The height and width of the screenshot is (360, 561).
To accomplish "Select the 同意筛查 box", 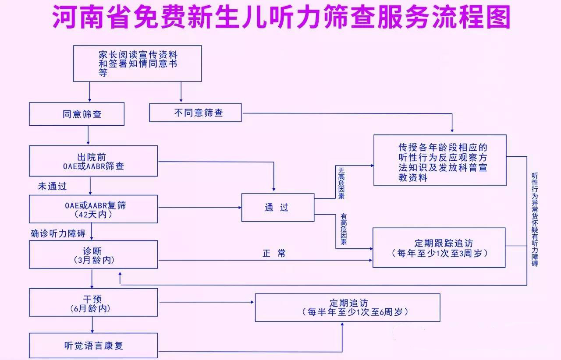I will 77,114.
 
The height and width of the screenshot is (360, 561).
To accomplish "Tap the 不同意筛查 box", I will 195,113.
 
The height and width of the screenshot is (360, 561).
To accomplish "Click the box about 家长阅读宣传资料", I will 137,64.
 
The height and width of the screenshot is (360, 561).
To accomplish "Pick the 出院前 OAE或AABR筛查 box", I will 93,161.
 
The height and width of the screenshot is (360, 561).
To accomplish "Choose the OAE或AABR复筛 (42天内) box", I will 93,209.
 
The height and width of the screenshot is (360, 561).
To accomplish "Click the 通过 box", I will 278,208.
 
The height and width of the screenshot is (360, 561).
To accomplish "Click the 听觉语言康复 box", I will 93,346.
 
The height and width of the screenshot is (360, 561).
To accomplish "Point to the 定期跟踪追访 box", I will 439,247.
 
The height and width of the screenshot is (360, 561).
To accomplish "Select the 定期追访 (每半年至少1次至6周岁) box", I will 348,307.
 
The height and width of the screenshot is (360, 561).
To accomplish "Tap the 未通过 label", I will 53,186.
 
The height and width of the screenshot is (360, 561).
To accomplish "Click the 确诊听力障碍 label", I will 58,233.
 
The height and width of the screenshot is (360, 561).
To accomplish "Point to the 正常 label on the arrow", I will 274,254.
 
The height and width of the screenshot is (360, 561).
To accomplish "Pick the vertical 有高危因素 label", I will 343,229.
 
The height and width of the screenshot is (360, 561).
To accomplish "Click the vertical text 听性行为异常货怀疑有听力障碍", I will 535,219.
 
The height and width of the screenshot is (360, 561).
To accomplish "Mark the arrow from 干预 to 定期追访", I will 206,302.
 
